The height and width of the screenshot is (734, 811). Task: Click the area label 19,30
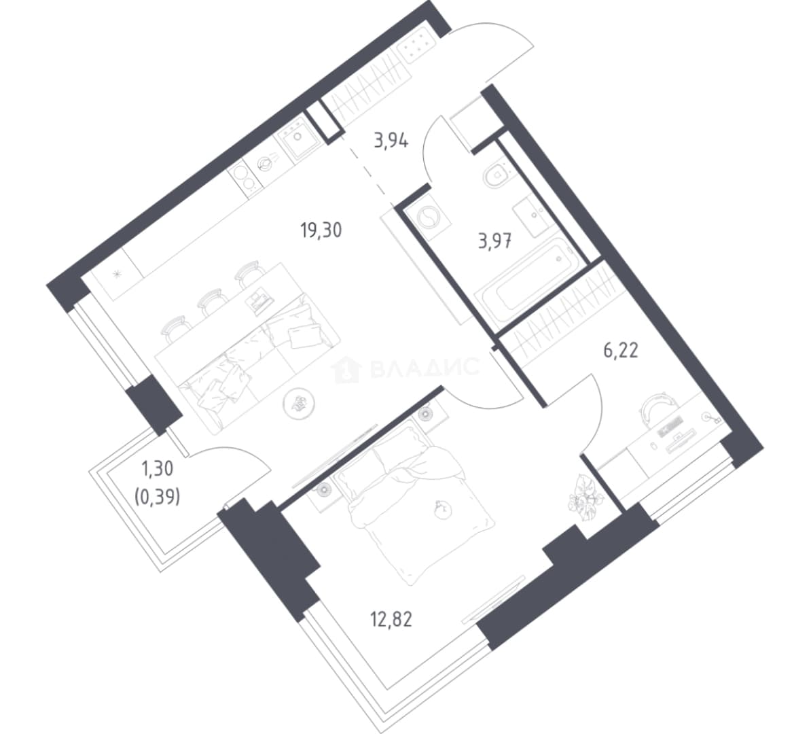[321, 230]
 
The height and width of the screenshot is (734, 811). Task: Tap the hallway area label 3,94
[391, 140]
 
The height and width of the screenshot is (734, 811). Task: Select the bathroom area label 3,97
[495, 242]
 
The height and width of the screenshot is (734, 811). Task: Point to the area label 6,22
[621, 351]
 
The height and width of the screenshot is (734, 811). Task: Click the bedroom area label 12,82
[391, 618]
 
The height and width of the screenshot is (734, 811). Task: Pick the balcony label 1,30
[157, 470]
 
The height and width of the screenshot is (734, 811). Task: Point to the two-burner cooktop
[244, 179]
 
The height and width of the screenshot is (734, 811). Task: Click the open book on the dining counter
[260, 301]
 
